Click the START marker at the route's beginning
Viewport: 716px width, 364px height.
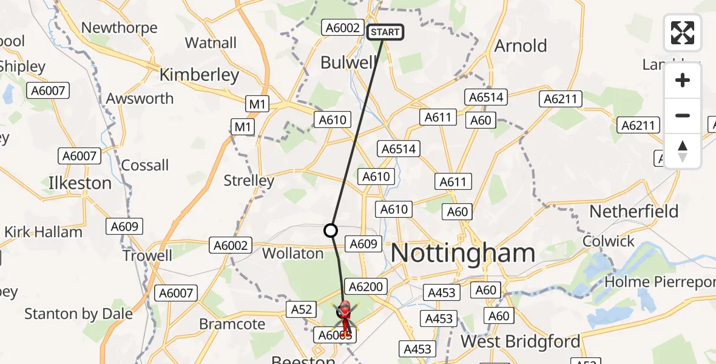(385, 32)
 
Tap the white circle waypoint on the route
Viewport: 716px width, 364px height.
(331, 231)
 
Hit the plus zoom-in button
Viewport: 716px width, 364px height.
(683, 80)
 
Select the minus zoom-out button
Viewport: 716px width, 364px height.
(683, 115)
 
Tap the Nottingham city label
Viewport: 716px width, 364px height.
(462, 253)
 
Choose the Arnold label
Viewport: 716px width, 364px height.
(521, 45)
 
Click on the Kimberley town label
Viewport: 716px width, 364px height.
(199, 75)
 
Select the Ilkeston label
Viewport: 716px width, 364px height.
(80, 183)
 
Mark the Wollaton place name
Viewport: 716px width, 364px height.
(293, 253)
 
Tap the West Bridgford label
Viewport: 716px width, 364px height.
(520, 341)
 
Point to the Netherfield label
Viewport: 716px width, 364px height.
(634, 211)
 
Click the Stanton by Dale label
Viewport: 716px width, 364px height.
(78, 314)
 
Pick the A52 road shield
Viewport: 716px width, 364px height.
(301, 310)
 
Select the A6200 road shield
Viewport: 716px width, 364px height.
(365, 286)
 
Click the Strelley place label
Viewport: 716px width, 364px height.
(249, 180)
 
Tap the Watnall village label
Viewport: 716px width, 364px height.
(211, 42)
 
